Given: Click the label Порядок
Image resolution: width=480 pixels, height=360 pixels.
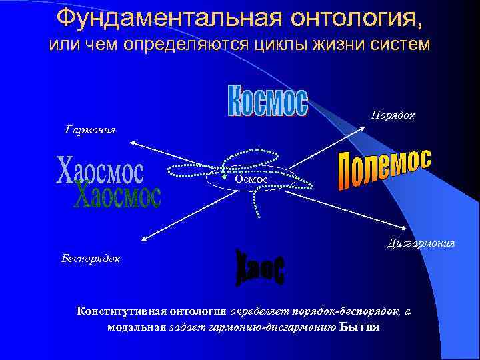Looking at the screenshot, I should click(393, 115).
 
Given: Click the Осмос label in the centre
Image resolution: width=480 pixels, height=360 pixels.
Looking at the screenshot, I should click(251, 179).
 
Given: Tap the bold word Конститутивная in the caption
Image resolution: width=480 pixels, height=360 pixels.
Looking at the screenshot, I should click(119, 311).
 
